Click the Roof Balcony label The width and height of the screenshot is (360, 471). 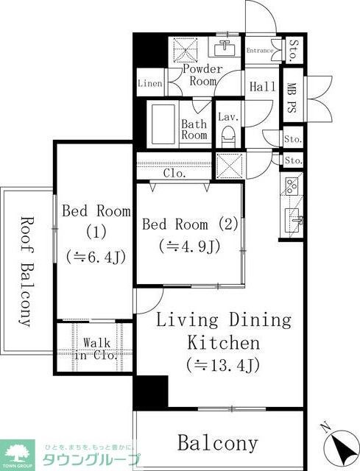click(x=26, y=271)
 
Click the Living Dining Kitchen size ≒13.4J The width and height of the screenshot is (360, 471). click(x=222, y=364)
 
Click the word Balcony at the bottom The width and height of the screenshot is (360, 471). click(x=218, y=443)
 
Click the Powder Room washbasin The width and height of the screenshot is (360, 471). click(x=225, y=49)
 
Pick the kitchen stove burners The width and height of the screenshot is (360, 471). click(x=290, y=185)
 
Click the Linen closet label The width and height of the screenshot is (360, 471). click(x=150, y=84)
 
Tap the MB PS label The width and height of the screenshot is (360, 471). click(x=292, y=96)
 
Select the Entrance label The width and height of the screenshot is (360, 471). click(x=261, y=51)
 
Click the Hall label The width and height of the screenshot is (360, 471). click(x=263, y=87)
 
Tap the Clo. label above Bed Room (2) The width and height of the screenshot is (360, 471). click(x=174, y=174)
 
